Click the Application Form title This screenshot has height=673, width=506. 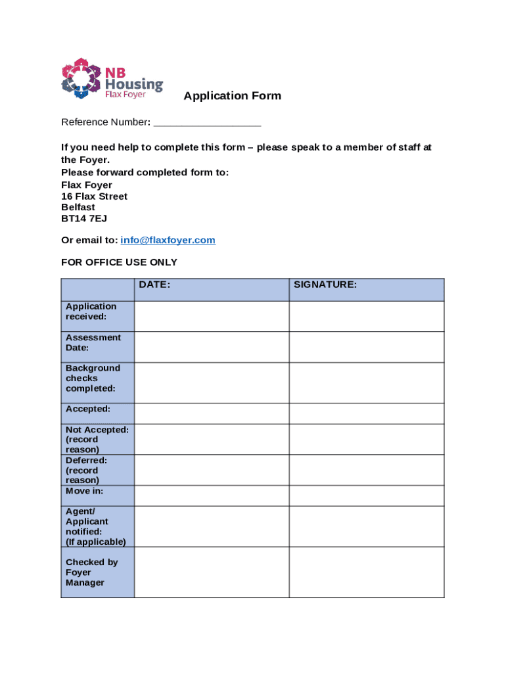[232, 96]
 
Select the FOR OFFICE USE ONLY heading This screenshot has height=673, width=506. [119, 262]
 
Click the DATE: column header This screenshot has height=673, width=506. [154, 285]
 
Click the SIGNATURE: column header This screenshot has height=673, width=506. [325, 285]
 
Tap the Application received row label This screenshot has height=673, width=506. [91, 312]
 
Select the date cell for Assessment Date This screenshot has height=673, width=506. [212, 347]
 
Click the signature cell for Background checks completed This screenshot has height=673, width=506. [366, 383]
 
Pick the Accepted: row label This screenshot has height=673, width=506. [88, 409]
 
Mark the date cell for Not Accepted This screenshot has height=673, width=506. [212, 439]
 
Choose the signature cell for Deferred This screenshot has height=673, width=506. [366, 470]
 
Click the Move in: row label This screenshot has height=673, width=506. [84, 491]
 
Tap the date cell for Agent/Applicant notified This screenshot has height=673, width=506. [212, 526]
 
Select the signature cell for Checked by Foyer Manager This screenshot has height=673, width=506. [366, 572]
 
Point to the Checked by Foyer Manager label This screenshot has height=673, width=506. [91, 572]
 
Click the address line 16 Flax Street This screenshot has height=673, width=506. [94, 197]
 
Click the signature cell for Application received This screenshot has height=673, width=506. [366, 316]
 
